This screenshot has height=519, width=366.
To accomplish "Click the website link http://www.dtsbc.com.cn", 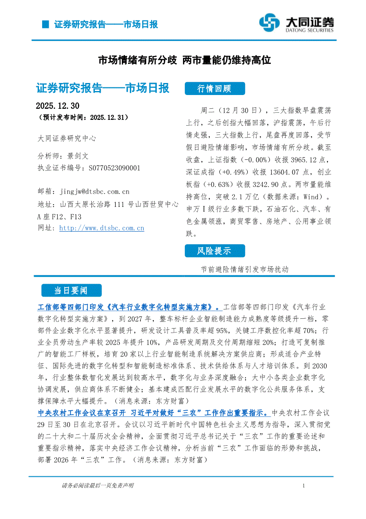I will [x=101, y=228].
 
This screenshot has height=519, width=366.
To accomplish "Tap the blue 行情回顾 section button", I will [x=214, y=89].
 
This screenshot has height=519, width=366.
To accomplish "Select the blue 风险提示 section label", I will [x=214, y=251].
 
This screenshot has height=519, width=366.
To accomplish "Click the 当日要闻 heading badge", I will [x=71, y=291].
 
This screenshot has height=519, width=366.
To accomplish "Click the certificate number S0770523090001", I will [x=114, y=168].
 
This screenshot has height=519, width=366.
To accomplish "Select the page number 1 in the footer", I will [x=303, y=486].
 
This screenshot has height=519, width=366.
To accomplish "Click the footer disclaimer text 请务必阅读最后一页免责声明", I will [x=97, y=486].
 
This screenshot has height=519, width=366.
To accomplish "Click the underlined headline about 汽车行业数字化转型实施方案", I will [x=128, y=307].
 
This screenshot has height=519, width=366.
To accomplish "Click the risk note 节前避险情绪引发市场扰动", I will [x=244, y=269].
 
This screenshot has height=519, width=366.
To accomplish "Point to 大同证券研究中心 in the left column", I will [x=67, y=139].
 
